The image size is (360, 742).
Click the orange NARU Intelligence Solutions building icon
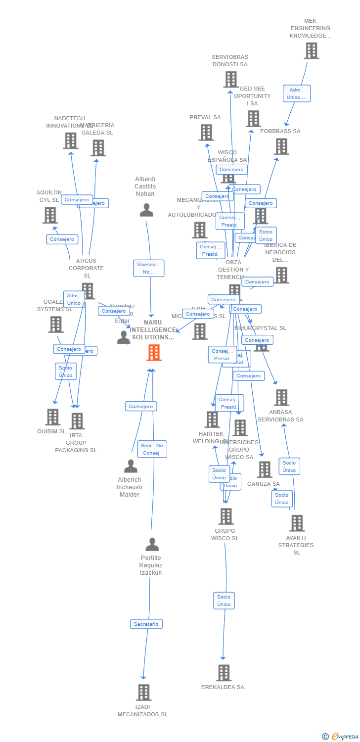pos(154,353)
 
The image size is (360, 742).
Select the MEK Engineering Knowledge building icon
pos(311,51)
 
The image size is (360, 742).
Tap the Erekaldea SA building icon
pos(224,673)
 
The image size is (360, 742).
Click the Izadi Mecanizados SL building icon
pos(143,693)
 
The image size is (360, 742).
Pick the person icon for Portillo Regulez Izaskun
pos(152,544)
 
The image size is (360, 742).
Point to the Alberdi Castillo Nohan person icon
pos(146,210)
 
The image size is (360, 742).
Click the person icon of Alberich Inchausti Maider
pos(131,466)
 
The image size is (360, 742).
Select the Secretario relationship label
pos(146,624)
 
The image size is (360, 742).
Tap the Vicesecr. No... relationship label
pos(148,268)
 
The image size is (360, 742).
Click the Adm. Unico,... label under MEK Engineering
pos(297,93)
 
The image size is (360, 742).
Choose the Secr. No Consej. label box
pos(152,449)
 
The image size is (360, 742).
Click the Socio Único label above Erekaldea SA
pos(224,601)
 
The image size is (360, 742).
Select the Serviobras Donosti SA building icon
pos(230,79)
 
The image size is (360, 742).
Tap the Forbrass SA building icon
pos(281,146)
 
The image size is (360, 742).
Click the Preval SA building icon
pos(206,133)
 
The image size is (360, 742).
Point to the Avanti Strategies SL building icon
pos(297,523)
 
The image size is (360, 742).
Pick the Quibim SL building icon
pos(52,417)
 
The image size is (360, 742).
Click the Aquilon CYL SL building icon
pos(50,215)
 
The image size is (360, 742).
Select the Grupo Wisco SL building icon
pos(225,516)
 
